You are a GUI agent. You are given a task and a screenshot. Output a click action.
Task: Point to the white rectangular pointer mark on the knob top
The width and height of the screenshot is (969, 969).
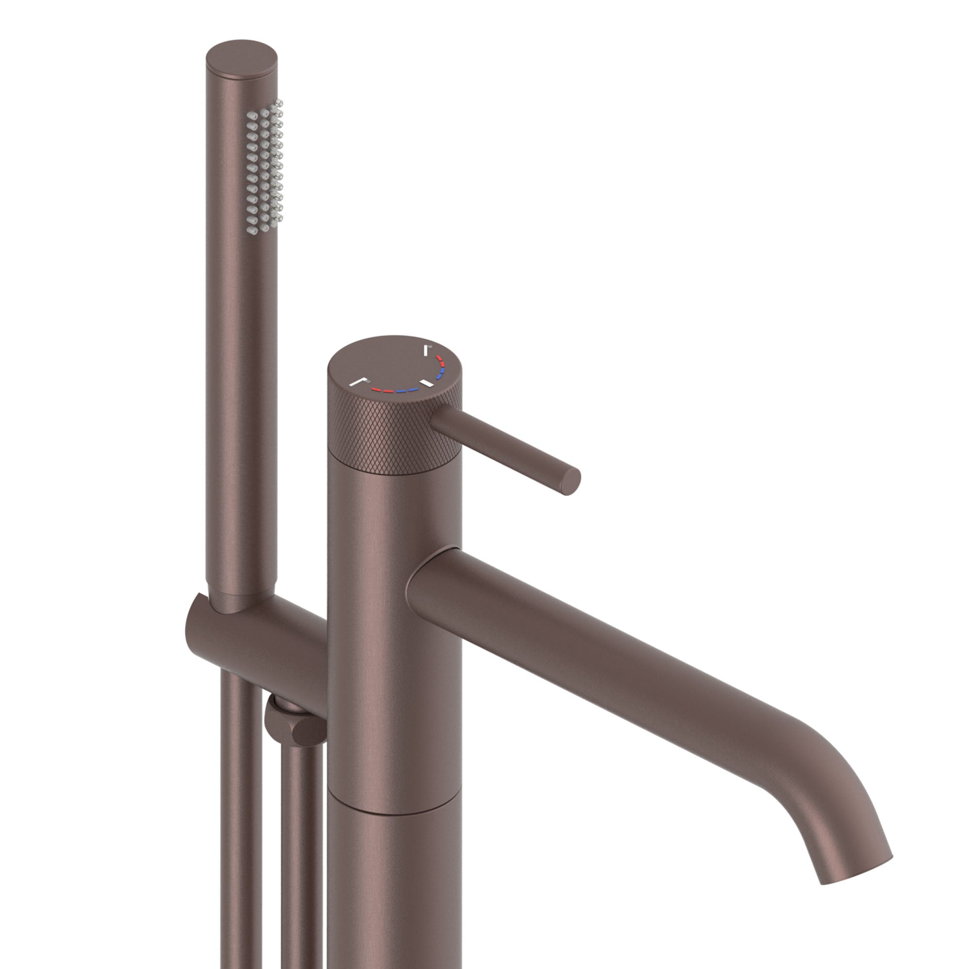428,384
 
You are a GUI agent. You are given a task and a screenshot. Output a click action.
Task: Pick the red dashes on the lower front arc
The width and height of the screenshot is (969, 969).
381,390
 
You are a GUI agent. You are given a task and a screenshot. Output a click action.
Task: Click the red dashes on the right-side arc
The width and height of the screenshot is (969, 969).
440,360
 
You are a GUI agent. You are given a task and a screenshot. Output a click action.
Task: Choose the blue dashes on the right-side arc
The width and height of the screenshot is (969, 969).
440,374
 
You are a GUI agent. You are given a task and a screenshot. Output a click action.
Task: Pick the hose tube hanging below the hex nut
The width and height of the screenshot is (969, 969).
301,853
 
